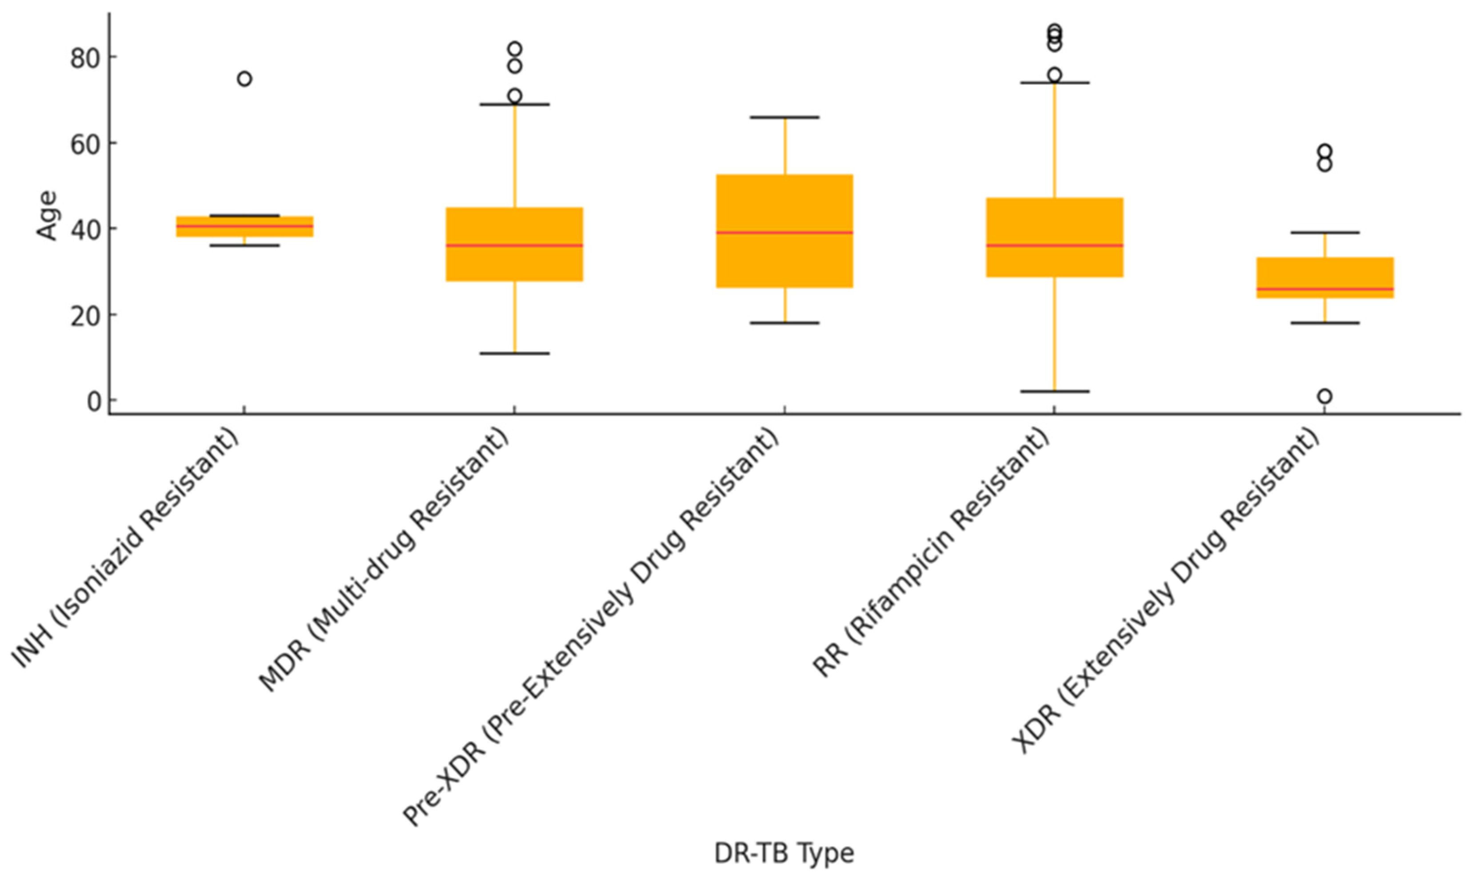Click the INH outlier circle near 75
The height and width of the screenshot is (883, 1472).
tap(244, 79)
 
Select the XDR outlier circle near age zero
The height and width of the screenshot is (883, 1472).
tap(1324, 396)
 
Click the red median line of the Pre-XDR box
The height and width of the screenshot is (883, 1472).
tap(784, 233)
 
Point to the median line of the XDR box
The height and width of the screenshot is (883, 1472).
tap(1324, 289)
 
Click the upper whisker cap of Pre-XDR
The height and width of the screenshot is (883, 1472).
tap(784, 117)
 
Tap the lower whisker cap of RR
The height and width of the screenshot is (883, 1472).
tap(1055, 392)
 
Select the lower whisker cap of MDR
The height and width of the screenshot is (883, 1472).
tap(515, 353)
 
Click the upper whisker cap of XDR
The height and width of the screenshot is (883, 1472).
tap(1324, 233)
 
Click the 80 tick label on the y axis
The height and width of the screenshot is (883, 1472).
tap(85, 58)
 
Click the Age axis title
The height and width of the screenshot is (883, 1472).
tap(46, 215)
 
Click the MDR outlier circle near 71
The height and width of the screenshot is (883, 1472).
tap(515, 96)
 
